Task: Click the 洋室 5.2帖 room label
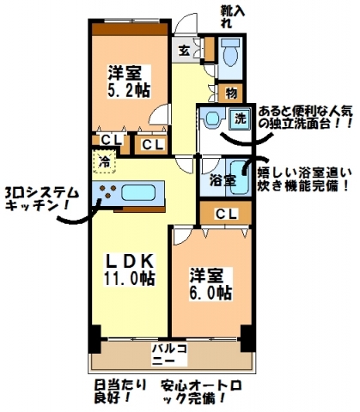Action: point(129,82)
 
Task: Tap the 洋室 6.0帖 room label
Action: point(211,283)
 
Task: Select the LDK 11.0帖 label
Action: point(130,269)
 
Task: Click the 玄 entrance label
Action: point(184,51)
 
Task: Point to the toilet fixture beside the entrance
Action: point(230,52)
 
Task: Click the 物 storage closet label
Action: point(231,93)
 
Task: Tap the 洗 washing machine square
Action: point(241,118)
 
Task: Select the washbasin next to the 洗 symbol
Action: point(211,118)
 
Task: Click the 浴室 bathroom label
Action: point(223,180)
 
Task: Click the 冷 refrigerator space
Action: point(104,162)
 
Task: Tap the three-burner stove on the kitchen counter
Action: point(107,191)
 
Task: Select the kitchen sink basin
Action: point(138,192)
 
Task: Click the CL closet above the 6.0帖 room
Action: point(226,214)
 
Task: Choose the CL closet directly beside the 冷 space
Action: point(111,140)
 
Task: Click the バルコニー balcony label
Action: point(169,354)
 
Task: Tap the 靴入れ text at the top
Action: point(233,16)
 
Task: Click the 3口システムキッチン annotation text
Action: point(42,199)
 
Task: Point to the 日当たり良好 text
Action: point(120,391)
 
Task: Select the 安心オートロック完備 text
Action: point(201,391)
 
